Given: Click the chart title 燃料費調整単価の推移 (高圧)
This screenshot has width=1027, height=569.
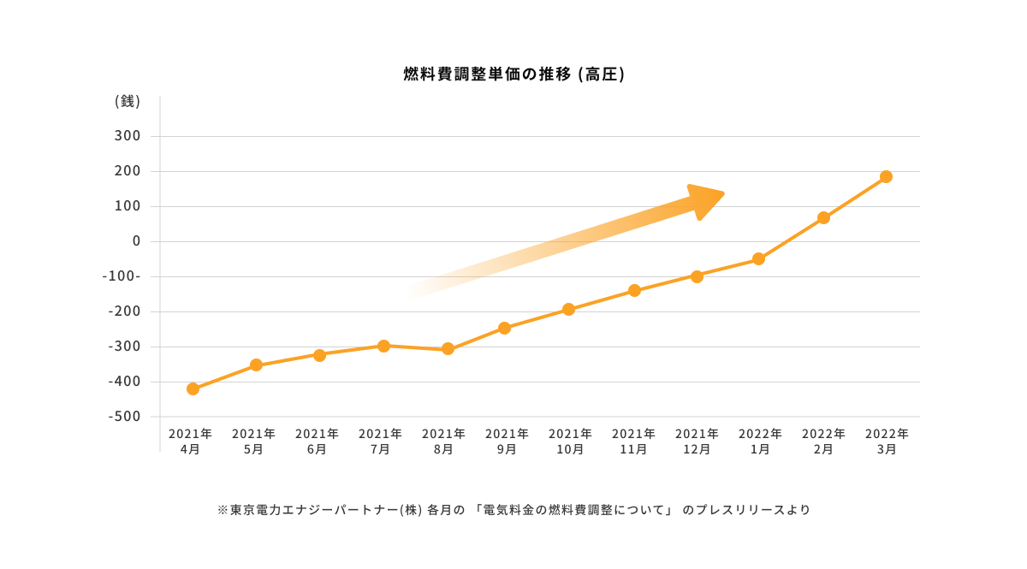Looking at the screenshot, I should (513, 74).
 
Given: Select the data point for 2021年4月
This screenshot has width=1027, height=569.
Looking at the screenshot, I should (193, 388).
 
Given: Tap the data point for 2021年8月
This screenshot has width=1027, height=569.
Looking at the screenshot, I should (448, 349).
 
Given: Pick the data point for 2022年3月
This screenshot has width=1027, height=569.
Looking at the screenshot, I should (886, 177).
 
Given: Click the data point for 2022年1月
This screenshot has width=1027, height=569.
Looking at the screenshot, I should (758, 259).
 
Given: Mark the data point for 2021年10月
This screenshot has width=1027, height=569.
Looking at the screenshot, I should (568, 309).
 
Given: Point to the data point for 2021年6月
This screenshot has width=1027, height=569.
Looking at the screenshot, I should (319, 355).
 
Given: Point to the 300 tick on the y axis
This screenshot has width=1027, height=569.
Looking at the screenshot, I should (127, 136).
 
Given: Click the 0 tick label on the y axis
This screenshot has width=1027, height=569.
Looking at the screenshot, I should (135, 241).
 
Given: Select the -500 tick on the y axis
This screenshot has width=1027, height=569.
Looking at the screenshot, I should (122, 417).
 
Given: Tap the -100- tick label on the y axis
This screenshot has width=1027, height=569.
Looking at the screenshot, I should (122, 276).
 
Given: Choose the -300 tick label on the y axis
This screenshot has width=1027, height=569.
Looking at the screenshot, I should (122, 347).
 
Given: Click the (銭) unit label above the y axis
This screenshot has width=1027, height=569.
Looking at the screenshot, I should (127, 101).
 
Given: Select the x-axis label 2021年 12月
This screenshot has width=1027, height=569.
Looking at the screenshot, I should (697, 442).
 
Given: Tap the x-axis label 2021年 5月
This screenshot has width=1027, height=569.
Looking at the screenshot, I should (253, 442).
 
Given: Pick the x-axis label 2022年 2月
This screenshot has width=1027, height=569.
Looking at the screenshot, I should (823, 442).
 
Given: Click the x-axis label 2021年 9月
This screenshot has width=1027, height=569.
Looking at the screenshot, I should (507, 442).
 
